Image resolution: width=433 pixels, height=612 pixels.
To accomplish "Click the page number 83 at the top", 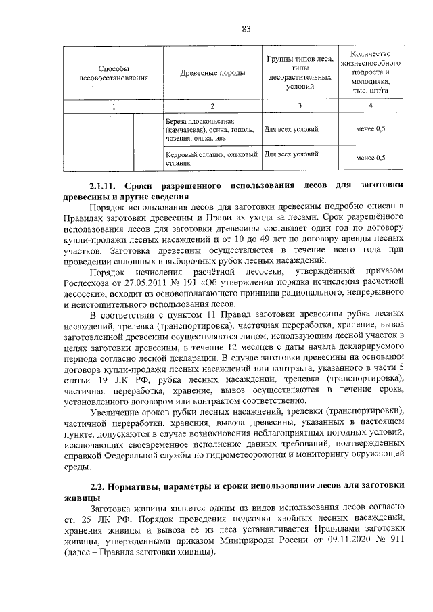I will (246, 28).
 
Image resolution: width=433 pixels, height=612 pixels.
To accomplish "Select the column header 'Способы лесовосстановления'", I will (114, 74).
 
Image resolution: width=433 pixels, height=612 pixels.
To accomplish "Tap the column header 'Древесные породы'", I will (212, 74).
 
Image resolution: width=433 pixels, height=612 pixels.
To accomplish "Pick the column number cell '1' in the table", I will (114, 106).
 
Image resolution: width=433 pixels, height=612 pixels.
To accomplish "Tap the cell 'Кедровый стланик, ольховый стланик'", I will (212, 158).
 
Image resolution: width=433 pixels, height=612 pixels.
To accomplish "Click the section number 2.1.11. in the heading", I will (108, 185).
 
